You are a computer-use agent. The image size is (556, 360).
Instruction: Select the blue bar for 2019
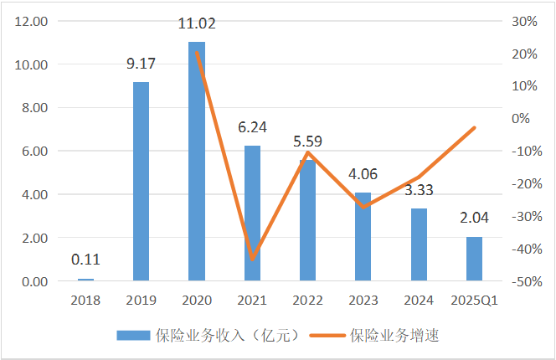(142, 181)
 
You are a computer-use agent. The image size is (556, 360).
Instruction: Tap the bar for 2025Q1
(474, 259)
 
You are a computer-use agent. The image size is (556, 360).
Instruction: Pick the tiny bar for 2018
(86, 280)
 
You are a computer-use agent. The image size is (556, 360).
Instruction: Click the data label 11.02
(197, 25)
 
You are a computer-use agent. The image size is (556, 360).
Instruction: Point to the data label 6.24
(252, 129)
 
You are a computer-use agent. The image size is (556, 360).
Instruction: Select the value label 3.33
(419, 192)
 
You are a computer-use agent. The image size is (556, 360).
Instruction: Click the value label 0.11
(86, 260)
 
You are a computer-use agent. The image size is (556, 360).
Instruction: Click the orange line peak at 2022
(308, 152)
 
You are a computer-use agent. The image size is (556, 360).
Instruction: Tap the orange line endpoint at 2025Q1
(475, 127)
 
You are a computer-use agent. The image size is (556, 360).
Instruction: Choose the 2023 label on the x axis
(363, 300)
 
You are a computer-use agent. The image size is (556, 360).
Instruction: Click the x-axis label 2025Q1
(474, 300)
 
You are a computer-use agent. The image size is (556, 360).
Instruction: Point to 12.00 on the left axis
(29, 21)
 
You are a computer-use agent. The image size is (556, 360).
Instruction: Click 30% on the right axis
(523, 21)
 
